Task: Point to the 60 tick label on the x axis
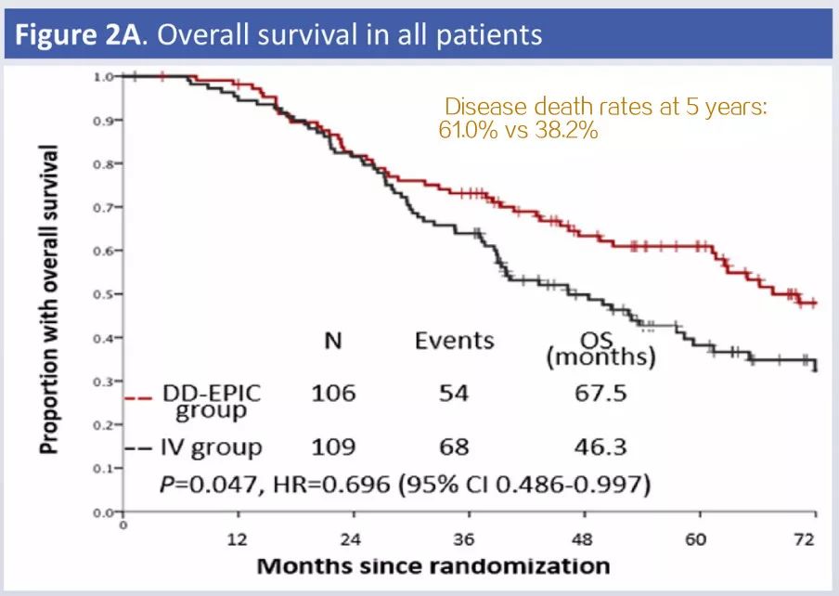(697, 538)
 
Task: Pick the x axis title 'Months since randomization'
(433, 565)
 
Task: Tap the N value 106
(333, 393)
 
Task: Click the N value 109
(333, 447)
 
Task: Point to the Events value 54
(454, 393)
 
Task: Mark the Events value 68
(454, 447)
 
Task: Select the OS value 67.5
(600, 393)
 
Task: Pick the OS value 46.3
(600, 447)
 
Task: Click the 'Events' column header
(454, 341)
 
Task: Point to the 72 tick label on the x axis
(809, 538)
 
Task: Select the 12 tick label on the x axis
(239, 538)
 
